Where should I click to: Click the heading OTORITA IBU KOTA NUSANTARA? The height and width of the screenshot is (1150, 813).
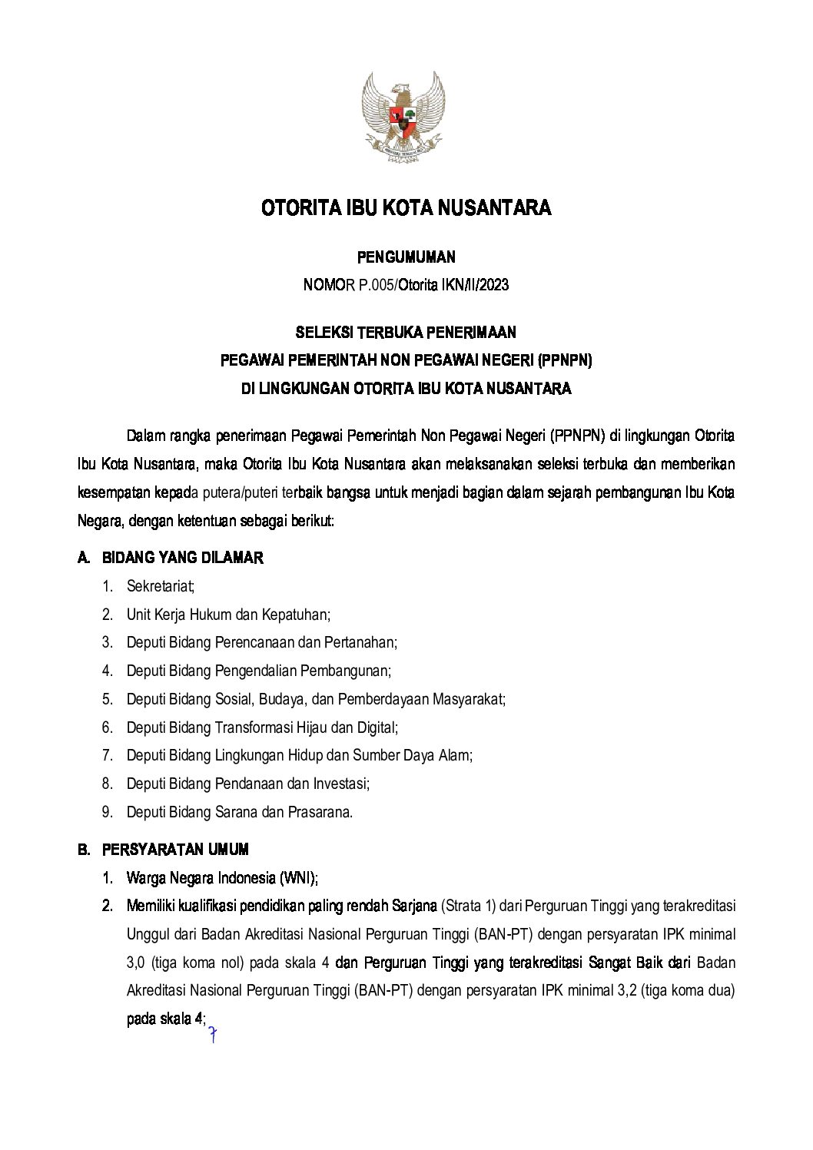406,208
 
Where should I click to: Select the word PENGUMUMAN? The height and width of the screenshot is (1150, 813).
406,257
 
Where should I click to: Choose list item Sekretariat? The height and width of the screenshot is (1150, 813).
161,586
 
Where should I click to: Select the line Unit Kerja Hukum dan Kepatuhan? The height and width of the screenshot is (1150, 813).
228,615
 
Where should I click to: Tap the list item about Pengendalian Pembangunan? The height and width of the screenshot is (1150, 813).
258,671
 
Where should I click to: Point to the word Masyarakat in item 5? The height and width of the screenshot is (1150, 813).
468,699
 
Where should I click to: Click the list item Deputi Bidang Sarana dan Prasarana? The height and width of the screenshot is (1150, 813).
239,811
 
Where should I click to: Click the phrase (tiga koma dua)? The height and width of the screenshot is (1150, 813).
689,991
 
